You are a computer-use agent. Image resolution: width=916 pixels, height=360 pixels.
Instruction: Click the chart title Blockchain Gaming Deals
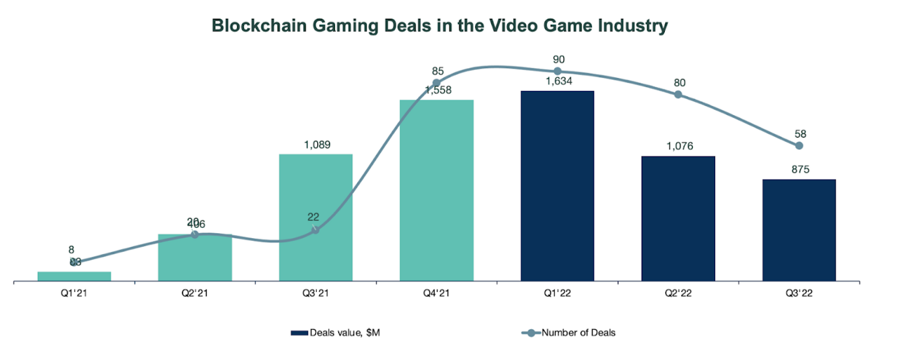tap(439, 26)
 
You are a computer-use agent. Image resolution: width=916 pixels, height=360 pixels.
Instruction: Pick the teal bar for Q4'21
tap(436, 190)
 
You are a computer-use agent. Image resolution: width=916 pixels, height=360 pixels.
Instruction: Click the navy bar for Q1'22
tap(557, 186)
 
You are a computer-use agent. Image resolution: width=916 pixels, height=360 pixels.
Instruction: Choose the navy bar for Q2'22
tap(678, 219)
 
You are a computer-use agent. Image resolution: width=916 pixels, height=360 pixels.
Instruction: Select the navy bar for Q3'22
tap(799, 230)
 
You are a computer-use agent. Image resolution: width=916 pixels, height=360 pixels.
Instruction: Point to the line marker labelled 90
tap(557, 71)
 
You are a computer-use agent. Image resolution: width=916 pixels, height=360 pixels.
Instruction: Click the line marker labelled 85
tap(436, 82)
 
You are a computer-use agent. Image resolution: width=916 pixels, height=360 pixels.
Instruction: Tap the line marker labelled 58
tap(799, 145)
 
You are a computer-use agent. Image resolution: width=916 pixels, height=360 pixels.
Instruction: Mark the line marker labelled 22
tap(315, 230)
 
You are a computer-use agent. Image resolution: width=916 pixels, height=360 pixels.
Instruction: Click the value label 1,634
tap(557, 82)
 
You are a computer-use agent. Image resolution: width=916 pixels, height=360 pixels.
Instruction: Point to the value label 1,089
tap(315, 145)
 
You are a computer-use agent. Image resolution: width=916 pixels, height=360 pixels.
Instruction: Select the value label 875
tap(799, 170)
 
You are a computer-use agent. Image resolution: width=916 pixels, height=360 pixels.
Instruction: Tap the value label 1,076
tap(678, 147)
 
